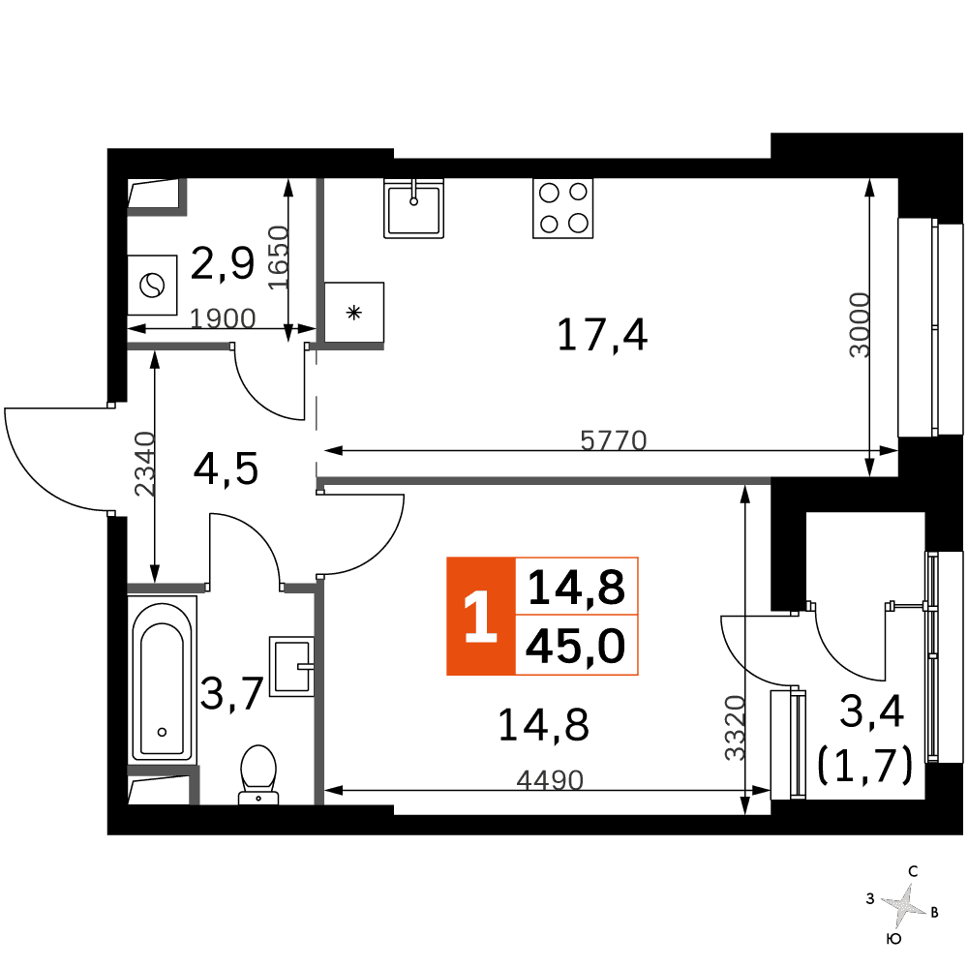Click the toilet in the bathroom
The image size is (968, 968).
pyautogui.click(x=258, y=774)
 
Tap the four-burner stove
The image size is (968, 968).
pyautogui.click(x=563, y=209)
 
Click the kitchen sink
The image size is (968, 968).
pyautogui.click(x=413, y=209)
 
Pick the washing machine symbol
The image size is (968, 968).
pyautogui.click(x=153, y=286)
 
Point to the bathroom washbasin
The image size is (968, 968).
pyautogui.click(x=291, y=667)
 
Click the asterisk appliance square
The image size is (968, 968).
pyautogui.click(x=353, y=313)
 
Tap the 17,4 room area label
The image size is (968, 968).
pyautogui.click(x=602, y=335)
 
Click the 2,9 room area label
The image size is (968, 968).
pyautogui.click(x=223, y=263)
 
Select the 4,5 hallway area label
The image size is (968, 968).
pyautogui.click(x=226, y=469)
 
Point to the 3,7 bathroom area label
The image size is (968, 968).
pyautogui.click(x=232, y=694)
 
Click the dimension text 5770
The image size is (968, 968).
pyautogui.click(x=613, y=440)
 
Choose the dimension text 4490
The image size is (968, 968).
pyautogui.click(x=550, y=780)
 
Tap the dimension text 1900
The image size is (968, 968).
pyautogui.click(x=223, y=318)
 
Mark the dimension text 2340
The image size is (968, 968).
pyautogui.click(x=144, y=465)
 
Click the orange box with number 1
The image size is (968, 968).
pyautogui.click(x=481, y=616)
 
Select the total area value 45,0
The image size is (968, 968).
pyautogui.click(x=575, y=647)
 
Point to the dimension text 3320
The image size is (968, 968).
pyautogui.click(x=735, y=728)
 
